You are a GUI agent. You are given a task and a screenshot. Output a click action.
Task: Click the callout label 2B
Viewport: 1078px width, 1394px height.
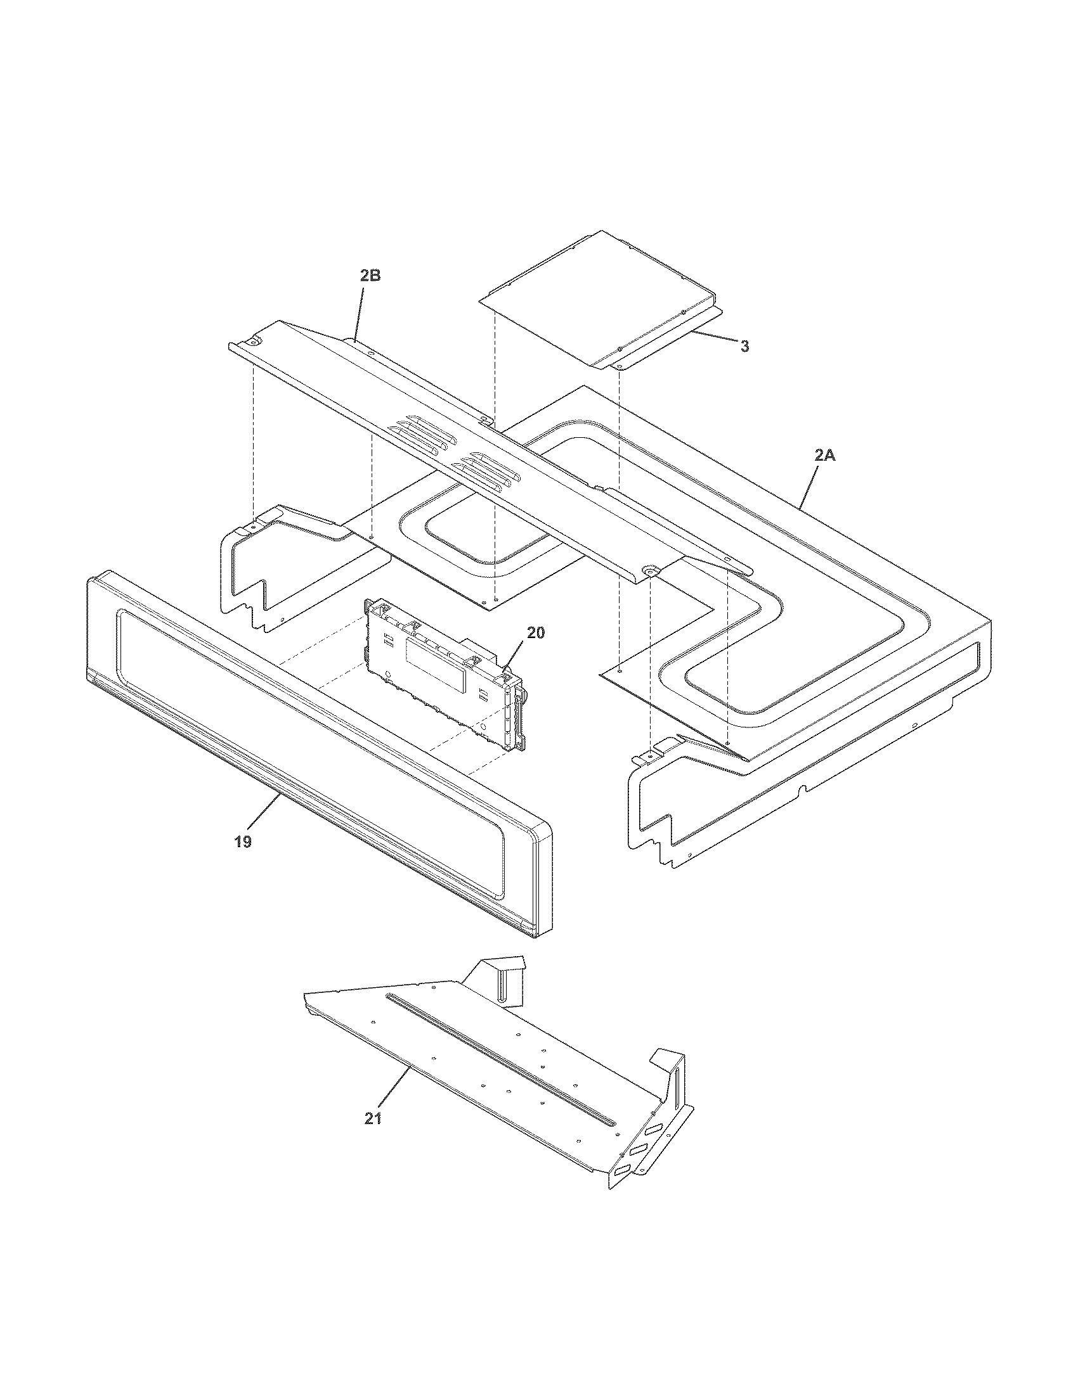(370, 276)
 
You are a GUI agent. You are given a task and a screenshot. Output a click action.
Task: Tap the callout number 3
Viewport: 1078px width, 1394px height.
(744, 346)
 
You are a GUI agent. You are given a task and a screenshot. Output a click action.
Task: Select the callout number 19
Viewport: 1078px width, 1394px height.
(243, 841)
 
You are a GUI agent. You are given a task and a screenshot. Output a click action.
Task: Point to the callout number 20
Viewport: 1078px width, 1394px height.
(536, 632)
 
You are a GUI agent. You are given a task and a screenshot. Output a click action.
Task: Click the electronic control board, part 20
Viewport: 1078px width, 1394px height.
(441, 670)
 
